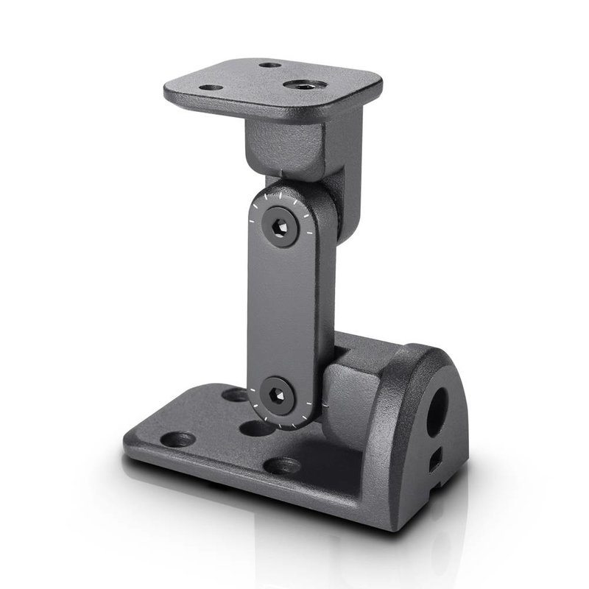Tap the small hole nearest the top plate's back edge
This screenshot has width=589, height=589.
point(270,65)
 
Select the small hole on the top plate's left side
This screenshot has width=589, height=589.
point(212,88)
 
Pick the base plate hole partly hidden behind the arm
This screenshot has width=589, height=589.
point(236,395)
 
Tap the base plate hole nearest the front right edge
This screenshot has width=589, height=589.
point(282,465)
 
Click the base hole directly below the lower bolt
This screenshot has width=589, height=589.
point(257,428)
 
